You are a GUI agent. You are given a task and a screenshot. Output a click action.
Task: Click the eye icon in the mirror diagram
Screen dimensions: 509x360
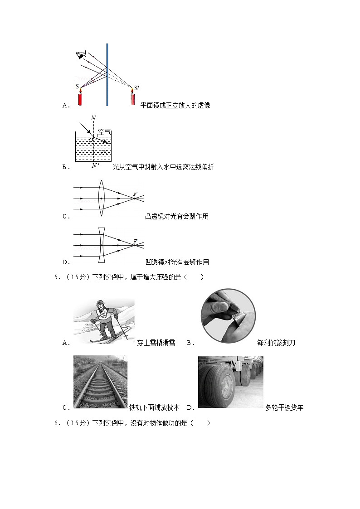[81, 56]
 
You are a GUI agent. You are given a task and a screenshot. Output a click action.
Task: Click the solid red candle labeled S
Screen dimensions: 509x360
[80, 97]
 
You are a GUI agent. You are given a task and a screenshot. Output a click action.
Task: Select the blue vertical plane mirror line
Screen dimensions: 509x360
[107, 75]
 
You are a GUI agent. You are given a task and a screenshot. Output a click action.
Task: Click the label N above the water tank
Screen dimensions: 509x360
[93, 118]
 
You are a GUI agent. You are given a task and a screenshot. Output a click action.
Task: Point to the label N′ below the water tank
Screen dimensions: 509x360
[94, 166]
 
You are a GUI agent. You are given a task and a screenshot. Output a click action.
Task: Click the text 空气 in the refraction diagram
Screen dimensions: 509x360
[104, 132]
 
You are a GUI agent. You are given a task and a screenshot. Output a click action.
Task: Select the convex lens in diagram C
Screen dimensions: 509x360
[101, 198]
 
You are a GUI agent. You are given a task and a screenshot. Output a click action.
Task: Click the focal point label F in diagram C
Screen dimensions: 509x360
[135, 194]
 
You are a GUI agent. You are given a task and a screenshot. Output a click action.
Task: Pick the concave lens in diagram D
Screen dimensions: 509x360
[102, 245]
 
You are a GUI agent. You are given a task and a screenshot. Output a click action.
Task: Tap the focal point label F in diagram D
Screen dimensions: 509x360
[135, 241]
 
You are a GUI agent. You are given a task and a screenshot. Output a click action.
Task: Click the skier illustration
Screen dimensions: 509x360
[104, 320]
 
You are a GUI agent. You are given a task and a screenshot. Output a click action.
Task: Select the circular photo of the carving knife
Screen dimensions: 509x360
[228, 316]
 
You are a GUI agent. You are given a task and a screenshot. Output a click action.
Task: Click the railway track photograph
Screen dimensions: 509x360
[100, 382]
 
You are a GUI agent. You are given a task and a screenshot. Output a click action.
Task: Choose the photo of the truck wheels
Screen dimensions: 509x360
[230, 382]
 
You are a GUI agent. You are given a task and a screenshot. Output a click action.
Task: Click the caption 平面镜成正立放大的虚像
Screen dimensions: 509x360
[175, 106]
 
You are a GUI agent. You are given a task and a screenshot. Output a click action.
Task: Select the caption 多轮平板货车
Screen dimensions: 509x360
[284, 407]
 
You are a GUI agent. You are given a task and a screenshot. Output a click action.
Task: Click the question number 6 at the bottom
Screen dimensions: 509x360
[57, 423]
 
